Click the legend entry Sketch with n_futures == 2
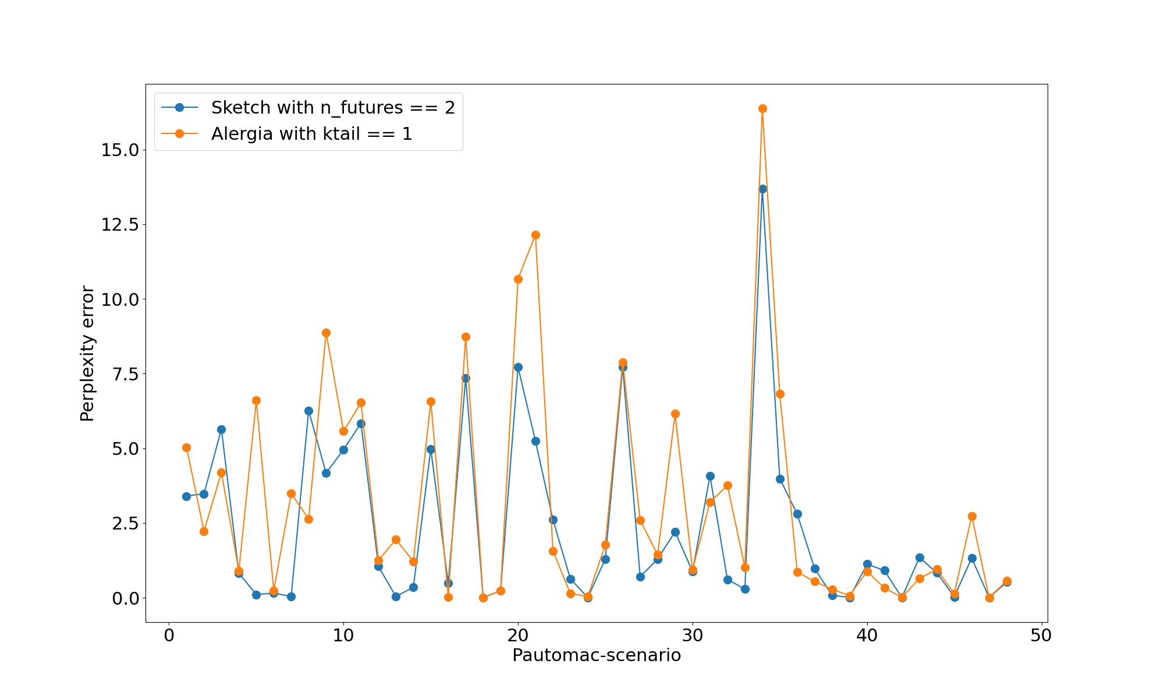332,108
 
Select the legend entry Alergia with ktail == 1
311,134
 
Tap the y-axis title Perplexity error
87,353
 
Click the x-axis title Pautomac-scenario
597,655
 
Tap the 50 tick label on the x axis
1041,635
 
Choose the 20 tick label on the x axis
518,635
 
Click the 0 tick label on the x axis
169,635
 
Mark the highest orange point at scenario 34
762,108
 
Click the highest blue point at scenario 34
762,189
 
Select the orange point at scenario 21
535,235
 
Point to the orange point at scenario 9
326,333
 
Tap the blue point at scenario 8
308,411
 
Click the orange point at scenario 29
675,414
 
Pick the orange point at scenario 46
972,516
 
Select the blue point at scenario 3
221,429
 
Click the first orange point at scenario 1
186,447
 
